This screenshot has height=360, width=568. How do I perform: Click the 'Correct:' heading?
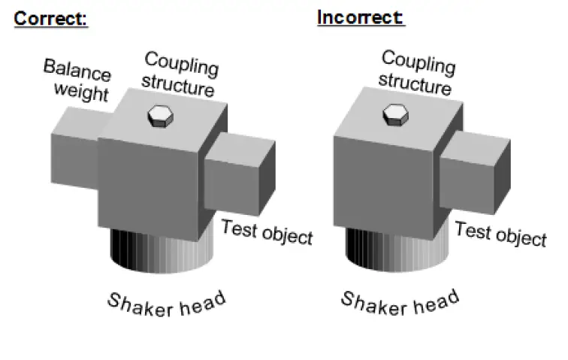[51, 18]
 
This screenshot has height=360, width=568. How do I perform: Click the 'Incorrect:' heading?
[361, 17]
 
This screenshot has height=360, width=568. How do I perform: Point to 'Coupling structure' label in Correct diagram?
[180, 74]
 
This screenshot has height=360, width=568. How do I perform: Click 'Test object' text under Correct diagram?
[267, 232]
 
